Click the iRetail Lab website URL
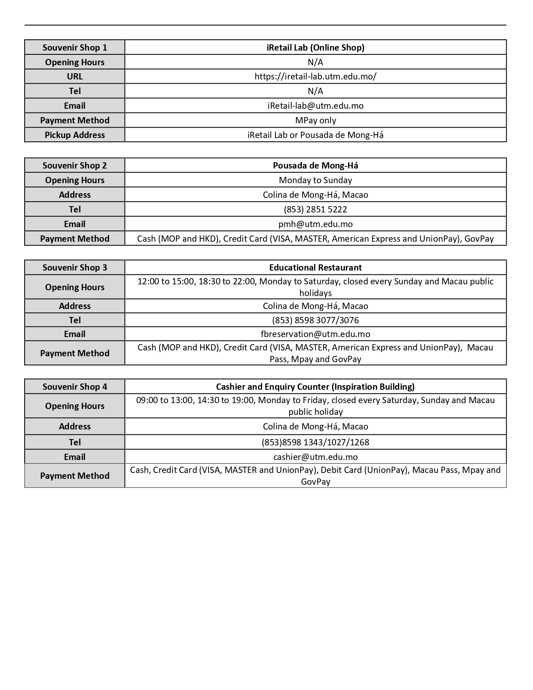click(x=315, y=77)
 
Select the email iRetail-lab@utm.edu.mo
click(x=315, y=106)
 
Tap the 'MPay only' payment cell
click(x=315, y=120)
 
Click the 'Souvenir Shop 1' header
click(x=74, y=48)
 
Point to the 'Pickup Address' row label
click(x=74, y=135)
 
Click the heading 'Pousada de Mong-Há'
click(x=315, y=166)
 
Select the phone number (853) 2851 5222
click(x=315, y=210)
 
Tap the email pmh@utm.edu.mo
click(x=315, y=224)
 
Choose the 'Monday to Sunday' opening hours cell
click(x=315, y=180)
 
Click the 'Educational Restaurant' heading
click(x=315, y=268)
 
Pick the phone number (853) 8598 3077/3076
click(x=315, y=320)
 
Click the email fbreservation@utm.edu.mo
click(x=315, y=334)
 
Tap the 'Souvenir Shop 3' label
click(x=74, y=268)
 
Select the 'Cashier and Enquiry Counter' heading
click(x=315, y=387)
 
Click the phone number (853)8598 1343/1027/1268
click(x=315, y=442)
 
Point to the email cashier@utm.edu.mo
click(x=315, y=457)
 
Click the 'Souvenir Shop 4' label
click(x=74, y=387)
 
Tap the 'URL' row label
click(x=74, y=77)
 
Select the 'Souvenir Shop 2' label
click(x=74, y=166)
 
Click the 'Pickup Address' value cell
click(x=315, y=135)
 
